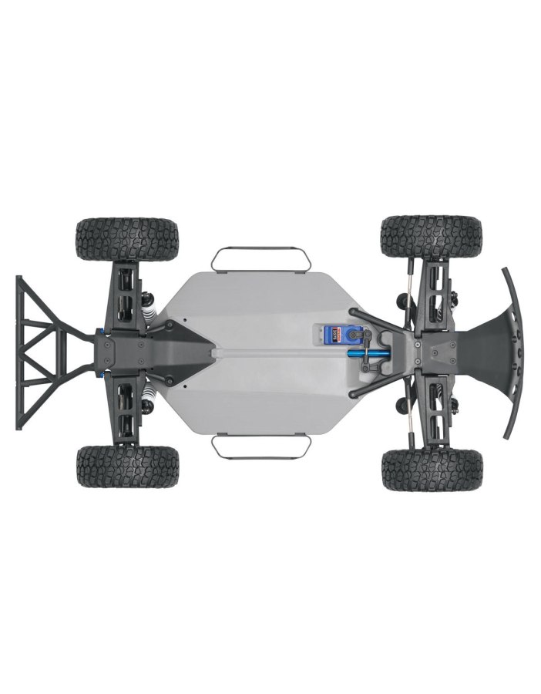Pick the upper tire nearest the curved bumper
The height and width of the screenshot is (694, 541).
[x=432, y=238]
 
